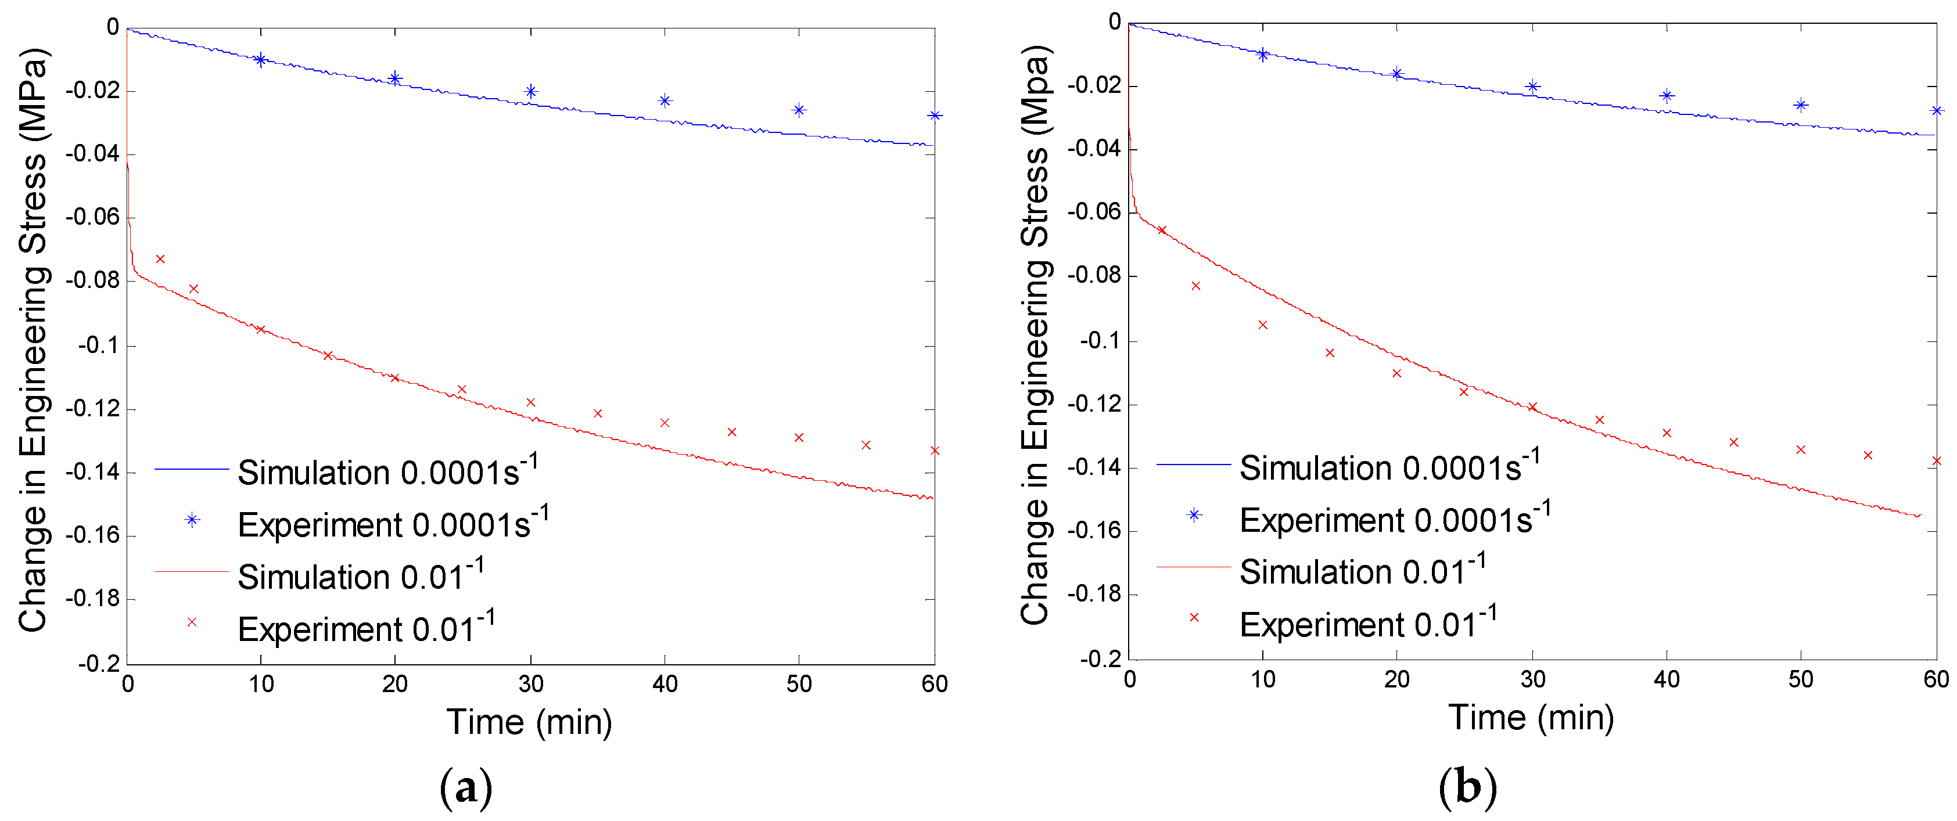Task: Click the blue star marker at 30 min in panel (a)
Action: click(531, 91)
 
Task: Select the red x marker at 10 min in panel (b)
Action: click(1263, 325)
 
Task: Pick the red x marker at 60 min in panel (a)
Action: click(935, 451)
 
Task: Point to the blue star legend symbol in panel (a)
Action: click(192, 520)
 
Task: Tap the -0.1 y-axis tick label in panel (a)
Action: click(99, 345)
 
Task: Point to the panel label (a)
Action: click(466, 788)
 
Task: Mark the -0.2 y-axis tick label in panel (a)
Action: click(99, 663)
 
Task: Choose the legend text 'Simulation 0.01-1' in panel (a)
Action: click(360, 577)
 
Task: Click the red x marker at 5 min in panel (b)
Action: click(1196, 286)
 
